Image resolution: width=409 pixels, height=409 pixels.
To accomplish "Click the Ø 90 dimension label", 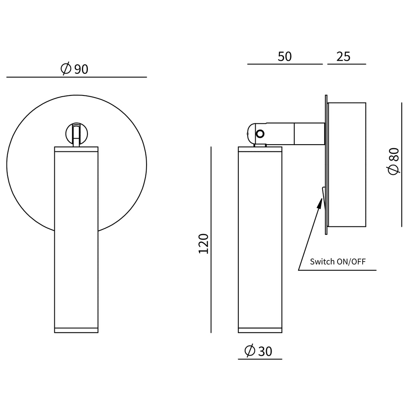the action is (75, 69).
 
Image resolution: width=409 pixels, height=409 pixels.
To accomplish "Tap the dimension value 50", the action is (284, 57).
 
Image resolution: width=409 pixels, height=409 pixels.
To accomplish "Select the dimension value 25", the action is (343, 57).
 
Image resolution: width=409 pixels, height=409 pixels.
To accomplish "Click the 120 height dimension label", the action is (204, 244).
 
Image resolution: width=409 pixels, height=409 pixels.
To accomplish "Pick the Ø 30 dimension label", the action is (258, 351).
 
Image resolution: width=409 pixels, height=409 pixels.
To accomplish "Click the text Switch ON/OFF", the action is (338, 261).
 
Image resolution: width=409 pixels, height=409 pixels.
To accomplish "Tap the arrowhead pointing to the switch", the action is (320, 203).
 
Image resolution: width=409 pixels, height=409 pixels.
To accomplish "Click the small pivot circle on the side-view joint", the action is (260, 134).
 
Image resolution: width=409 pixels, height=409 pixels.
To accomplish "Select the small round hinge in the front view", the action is (76, 133).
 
